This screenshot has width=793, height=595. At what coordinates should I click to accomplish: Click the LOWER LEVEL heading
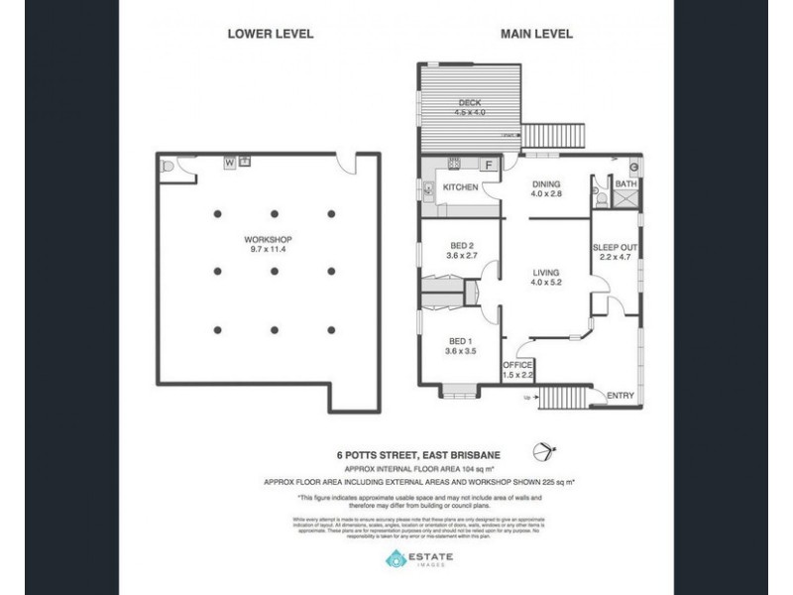tap(270, 33)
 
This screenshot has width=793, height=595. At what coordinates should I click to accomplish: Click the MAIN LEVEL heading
tap(535, 33)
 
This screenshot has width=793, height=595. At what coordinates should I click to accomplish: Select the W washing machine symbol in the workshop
tap(229, 161)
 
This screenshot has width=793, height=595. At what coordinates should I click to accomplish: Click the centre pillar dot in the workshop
tap(274, 270)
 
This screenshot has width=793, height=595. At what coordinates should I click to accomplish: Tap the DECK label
tap(469, 102)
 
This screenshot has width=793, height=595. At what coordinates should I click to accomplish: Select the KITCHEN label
tap(461, 187)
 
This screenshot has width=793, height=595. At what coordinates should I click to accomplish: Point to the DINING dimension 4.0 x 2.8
tap(545, 194)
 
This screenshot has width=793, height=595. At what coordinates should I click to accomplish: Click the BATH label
tap(625, 183)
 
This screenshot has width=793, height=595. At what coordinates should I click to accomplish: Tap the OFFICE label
tap(518, 365)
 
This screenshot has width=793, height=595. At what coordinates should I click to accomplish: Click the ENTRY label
tap(620, 396)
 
